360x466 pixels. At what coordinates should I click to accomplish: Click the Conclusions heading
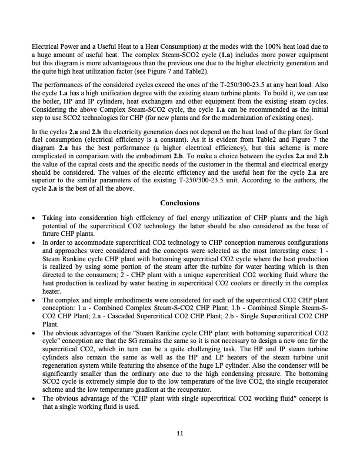point(180,204)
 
